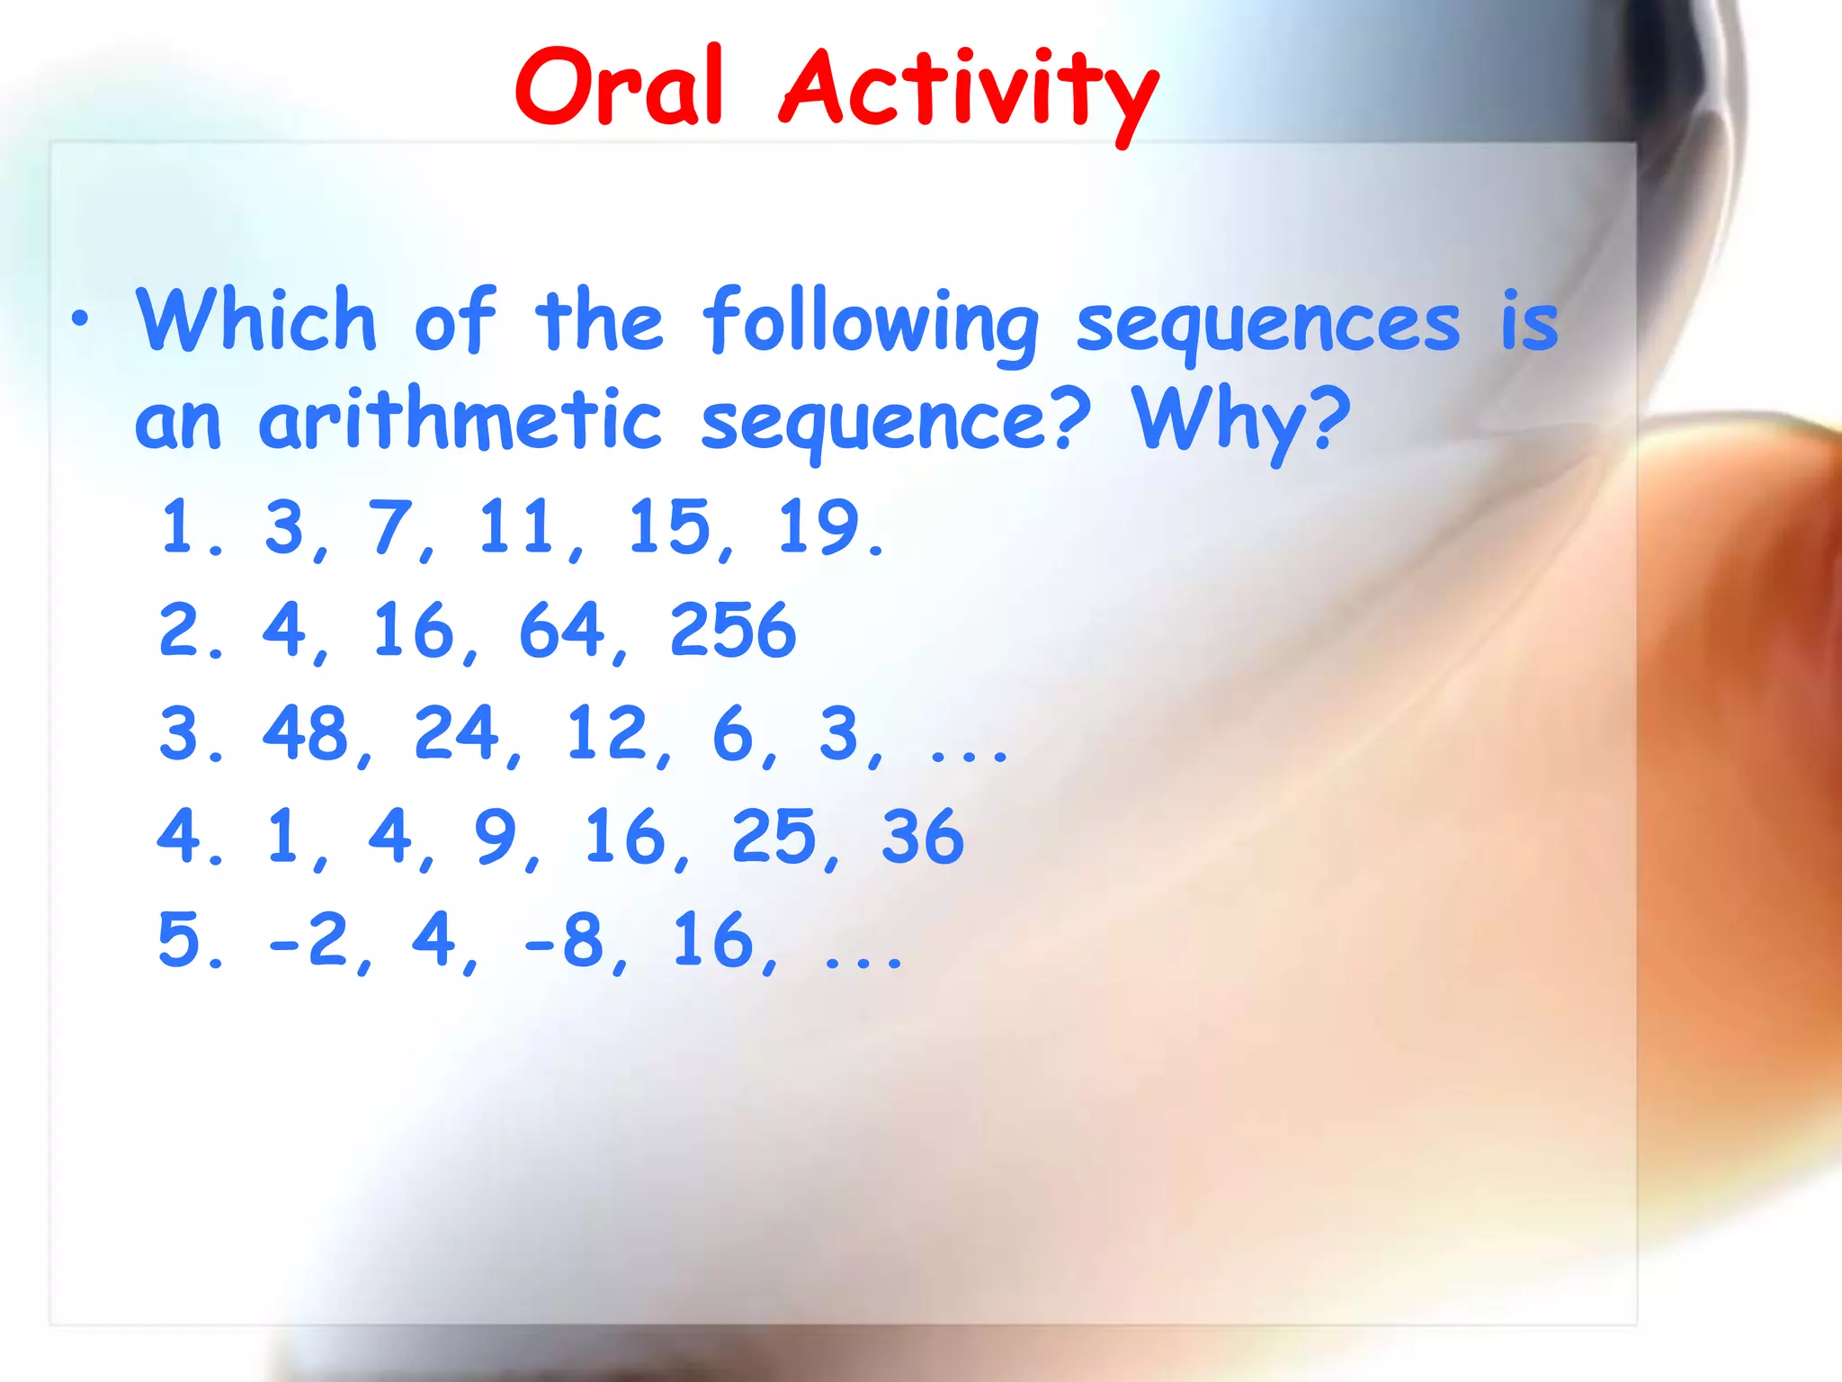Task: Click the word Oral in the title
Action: (x=619, y=88)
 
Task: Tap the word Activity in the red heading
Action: (x=970, y=90)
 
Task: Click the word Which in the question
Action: (x=255, y=320)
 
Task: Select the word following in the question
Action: (x=871, y=324)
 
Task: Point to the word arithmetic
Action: (x=460, y=420)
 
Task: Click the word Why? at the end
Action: (x=1241, y=420)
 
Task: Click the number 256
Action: (x=733, y=630)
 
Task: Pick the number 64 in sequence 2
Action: (x=561, y=630)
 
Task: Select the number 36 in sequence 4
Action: (x=923, y=837)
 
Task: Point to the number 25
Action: (x=773, y=837)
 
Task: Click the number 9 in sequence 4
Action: (x=496, y=837)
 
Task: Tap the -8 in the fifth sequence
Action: (x=563, y=940)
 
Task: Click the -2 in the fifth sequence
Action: (x=308, y=940)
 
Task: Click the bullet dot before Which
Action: (x=81, y=319)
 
